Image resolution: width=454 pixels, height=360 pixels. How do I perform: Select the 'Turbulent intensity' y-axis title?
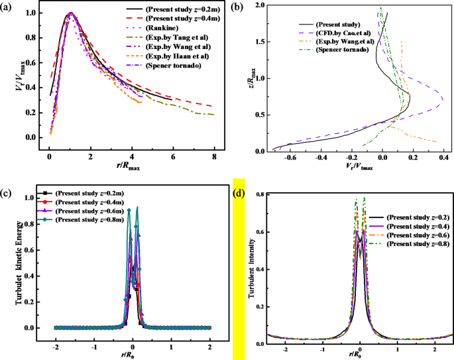(x=252, y=273)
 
